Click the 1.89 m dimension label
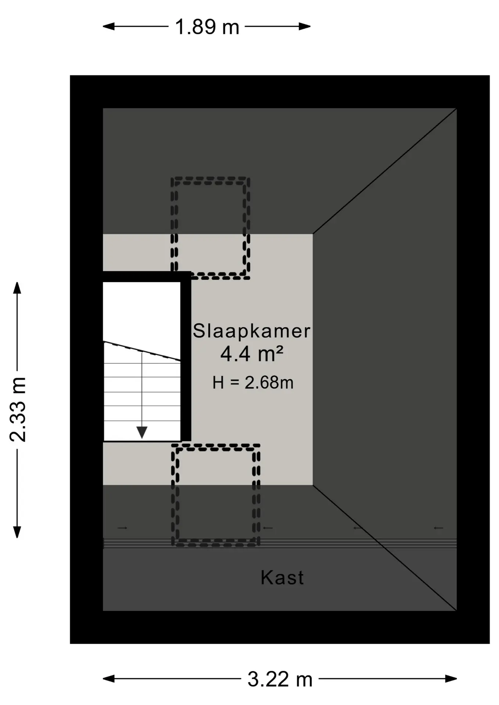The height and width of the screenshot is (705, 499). click(x=207, y=27)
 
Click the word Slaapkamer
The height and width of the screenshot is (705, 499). click(x=252, y=331)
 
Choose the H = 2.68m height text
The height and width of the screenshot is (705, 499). click(x=253, y=383)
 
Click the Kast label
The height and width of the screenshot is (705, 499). click(x=282, y=578)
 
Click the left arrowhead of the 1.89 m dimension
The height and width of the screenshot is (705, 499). click(x=109, y=26)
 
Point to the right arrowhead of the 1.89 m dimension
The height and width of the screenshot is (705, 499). click(x=305, y=26)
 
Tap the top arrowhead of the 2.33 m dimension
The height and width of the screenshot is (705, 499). click(x=17, y=288)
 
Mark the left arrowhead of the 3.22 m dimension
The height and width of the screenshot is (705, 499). click(x=109, y=679)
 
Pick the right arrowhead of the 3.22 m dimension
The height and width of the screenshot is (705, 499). click(x=451, y=679)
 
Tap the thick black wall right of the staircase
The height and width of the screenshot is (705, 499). click(x=186, y=356)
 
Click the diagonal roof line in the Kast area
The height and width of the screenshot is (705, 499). click(x=385, y=548)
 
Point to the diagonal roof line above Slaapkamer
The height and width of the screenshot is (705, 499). click(x=385, y=171)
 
